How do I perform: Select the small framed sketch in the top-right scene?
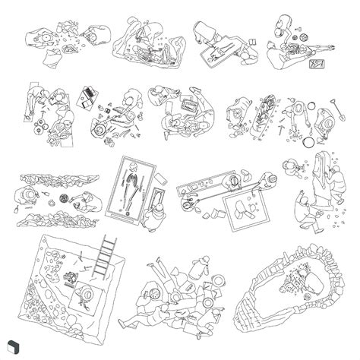pos(316,67)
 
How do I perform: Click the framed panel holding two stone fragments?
pos(246,209)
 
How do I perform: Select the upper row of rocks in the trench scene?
pos(58,179)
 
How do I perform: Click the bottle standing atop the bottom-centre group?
pos(204,266)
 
